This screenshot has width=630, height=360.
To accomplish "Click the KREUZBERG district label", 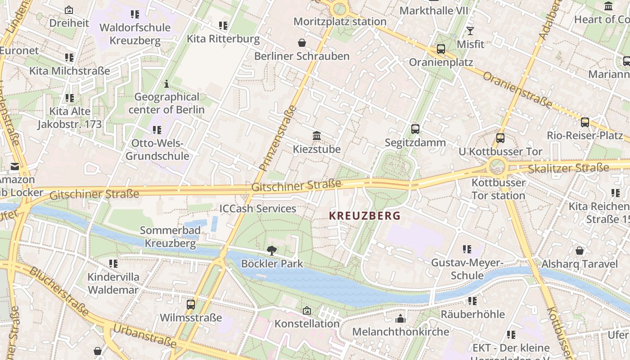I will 364,216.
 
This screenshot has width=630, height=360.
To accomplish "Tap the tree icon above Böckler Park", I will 271,251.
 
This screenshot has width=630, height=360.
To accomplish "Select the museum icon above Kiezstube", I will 317,136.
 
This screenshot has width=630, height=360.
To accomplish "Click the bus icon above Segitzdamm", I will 415,129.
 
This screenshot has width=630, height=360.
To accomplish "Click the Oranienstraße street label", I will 517,90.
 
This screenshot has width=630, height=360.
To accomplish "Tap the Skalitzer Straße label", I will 568,169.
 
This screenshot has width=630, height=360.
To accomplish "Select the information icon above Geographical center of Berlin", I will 166,84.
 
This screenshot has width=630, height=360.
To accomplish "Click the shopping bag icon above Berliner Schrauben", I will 302,43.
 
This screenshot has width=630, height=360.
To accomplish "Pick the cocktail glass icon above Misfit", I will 470,31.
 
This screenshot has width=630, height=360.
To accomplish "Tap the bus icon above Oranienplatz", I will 441,49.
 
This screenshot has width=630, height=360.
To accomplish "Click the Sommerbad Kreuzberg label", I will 170,237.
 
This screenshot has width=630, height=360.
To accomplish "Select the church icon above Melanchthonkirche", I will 400,319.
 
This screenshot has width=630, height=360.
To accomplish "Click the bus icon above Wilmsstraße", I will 191,305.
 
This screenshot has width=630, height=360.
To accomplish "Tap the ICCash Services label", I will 257,208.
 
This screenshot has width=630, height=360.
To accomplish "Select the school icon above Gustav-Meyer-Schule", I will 467,249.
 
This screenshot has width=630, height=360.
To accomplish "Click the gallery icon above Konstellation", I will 307,310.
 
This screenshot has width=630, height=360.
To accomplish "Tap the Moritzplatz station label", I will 340,21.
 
